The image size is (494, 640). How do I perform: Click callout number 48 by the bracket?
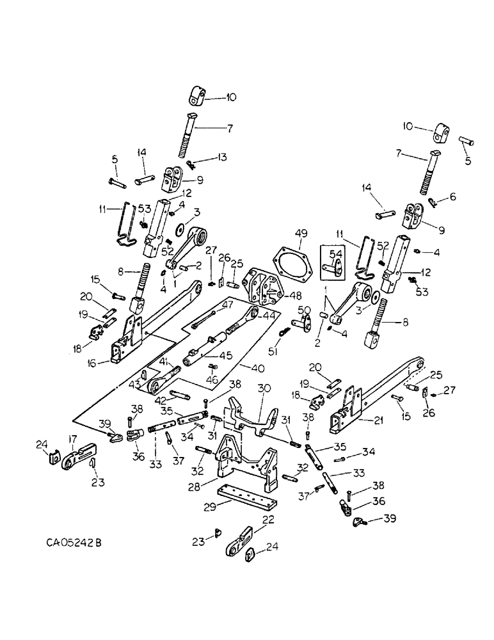click(x=294, y=296)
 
